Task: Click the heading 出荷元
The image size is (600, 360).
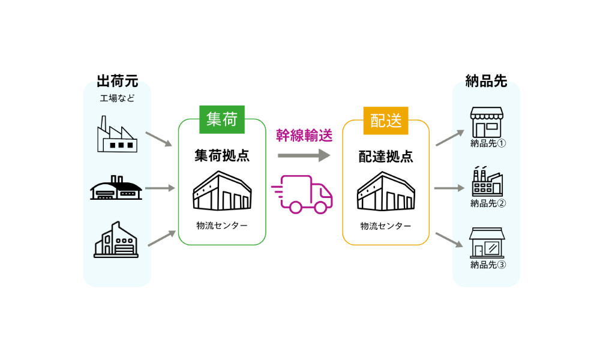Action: [x=118, y=81]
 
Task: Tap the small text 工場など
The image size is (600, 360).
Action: [x=117, y=98]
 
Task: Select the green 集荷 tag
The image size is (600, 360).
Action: [x=222, y=119]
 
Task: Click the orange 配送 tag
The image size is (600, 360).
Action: [x=386, y=120]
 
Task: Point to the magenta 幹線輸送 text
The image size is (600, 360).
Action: [x=304, y=136]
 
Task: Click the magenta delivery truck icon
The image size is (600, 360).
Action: [x=303, y=194]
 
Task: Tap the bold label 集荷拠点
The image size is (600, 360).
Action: [x=222, y=156]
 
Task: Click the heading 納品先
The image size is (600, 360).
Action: [x=486, y=81]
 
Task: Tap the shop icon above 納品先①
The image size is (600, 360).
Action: [x=487, y=122]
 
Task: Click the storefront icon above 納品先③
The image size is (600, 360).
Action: [x=487, y=242]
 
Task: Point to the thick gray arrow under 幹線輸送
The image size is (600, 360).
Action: [x=304, y=155]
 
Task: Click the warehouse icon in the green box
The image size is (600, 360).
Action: [x=222, y=191]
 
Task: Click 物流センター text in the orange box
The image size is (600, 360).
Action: [x=386, y=226]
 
